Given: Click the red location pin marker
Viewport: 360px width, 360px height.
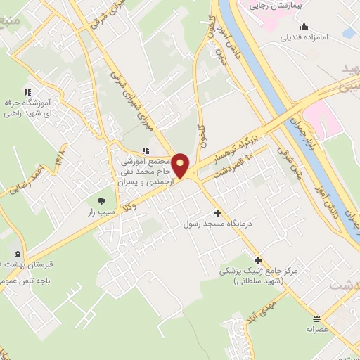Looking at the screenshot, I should [181, 166].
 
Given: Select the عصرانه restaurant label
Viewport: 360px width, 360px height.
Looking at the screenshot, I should [317, 328].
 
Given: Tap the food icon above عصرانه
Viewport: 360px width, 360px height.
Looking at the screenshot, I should [317, 316].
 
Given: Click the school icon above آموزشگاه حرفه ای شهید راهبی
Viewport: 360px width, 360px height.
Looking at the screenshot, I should [27, 92].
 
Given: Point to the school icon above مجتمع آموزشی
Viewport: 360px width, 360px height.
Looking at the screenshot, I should [145, 150].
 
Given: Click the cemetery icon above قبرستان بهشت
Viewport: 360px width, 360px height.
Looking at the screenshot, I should [18, 254].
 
